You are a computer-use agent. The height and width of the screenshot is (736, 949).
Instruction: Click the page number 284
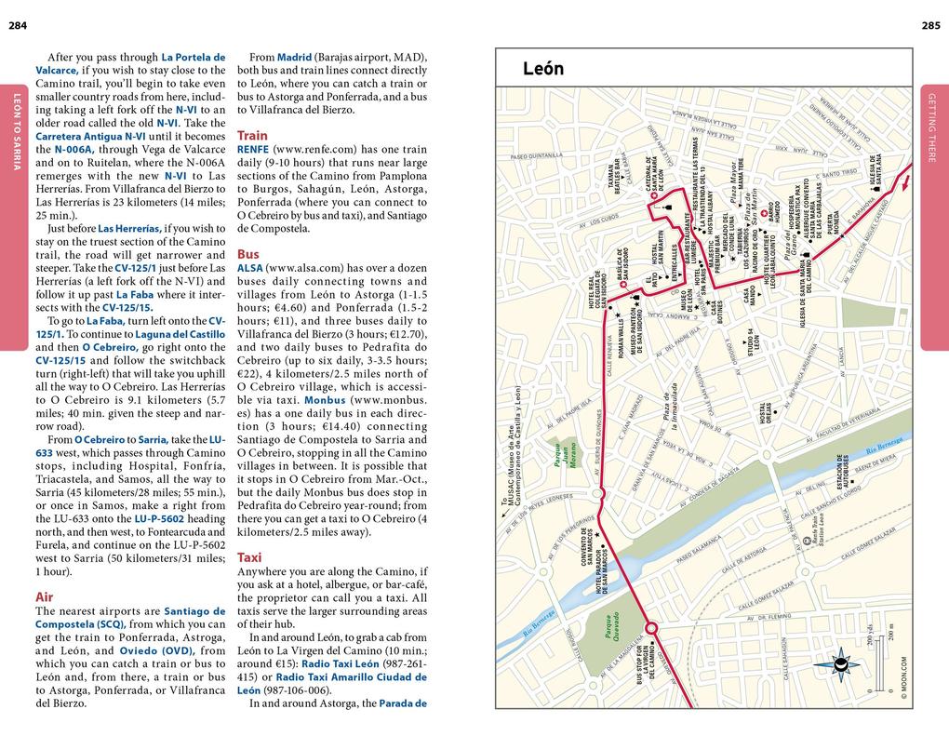(17, 24)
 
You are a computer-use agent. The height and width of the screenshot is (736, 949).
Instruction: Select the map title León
(543, 68)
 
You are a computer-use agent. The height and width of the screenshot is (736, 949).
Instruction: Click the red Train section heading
(252, 135)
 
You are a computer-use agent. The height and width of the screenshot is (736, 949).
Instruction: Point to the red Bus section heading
(247, 253)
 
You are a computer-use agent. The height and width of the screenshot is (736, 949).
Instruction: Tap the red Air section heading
(44, 596)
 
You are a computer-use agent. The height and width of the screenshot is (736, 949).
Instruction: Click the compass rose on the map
(843, 663)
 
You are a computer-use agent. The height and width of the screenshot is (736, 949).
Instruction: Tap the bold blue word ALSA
(250, 267)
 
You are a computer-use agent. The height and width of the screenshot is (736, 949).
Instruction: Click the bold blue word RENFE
(252, 149)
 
